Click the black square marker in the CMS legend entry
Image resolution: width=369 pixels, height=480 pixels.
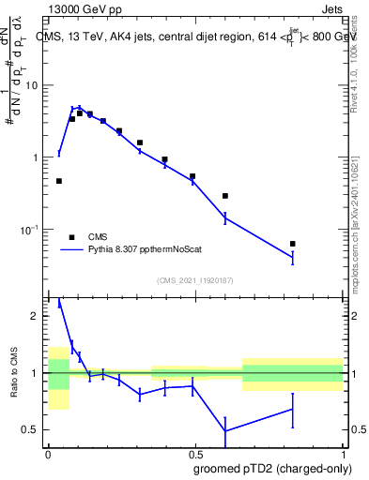[71, 237]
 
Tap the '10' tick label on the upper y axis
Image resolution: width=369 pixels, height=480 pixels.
[31, 85]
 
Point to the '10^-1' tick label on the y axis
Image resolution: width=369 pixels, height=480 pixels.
[28, 230]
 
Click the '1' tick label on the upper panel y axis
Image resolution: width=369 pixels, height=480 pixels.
[36, 157]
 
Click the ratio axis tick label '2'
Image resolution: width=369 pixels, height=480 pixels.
[36, 317]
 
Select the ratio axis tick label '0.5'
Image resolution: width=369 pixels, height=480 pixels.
[31, 429]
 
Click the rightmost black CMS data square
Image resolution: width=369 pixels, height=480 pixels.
[293, 244]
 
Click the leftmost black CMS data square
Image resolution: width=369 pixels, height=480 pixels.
[59, 181]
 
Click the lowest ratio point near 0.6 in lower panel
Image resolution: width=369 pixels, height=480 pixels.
[225, 431]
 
